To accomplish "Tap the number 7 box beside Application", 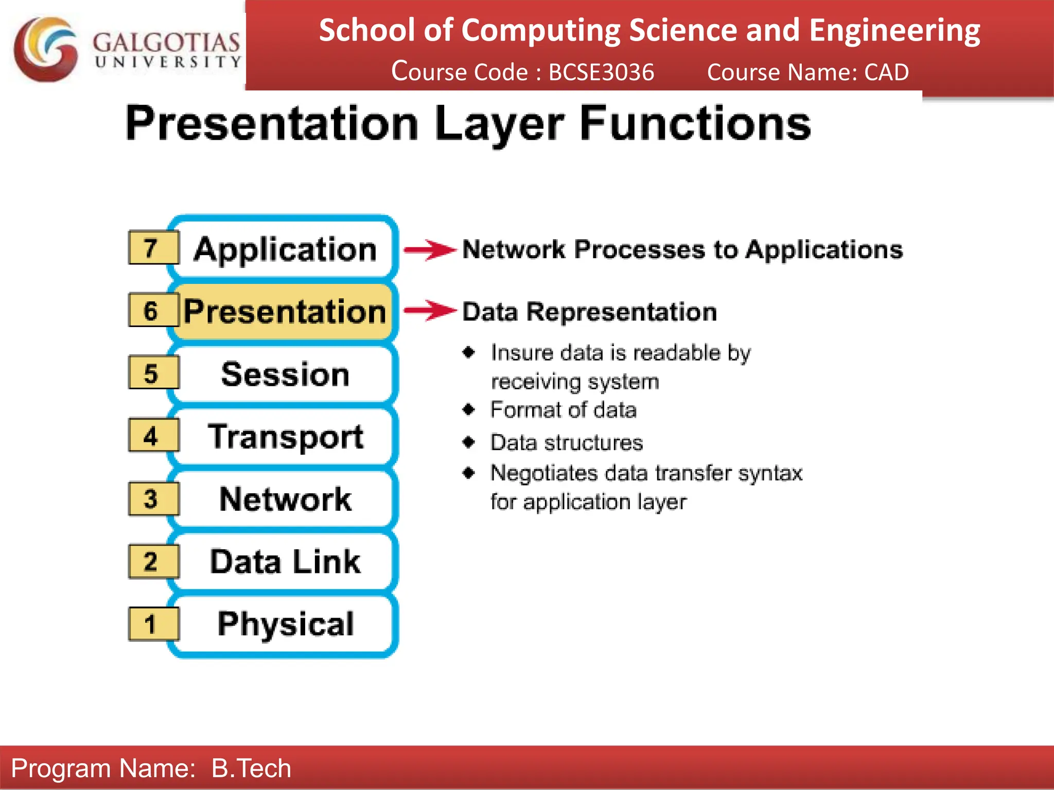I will (153, 248).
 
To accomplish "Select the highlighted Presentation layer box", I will (285, 312).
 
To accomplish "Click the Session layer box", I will (285, 374).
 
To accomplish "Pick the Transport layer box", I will (285, 437).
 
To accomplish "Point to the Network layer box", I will (285, 499).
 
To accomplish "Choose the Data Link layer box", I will (285, 561).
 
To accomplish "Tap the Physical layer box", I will (285, 624).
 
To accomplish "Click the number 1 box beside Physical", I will (153, 624).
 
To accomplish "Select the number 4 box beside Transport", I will (153, 436).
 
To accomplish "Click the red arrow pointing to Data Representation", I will (430, 311).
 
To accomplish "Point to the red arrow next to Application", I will (430, 250).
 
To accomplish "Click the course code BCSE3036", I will (601, 72).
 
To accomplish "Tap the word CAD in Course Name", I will (886, 72).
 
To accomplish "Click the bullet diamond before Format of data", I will (468, 409).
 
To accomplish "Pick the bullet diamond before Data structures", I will (468, 442).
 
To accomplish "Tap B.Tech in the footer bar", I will (251, 768).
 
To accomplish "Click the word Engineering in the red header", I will (894, 31).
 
